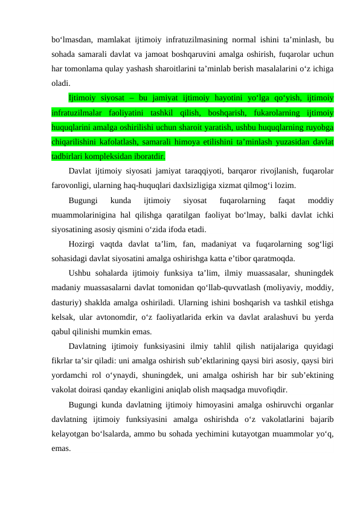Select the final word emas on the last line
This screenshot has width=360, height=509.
(60, 448)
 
